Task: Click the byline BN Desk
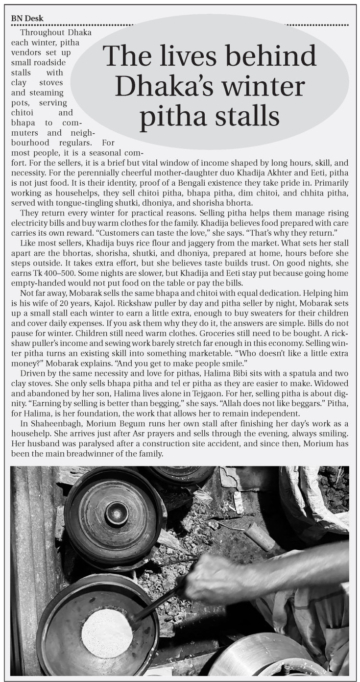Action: point(27,19)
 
